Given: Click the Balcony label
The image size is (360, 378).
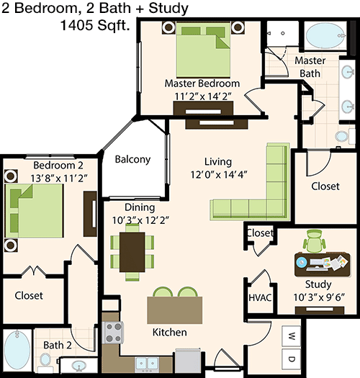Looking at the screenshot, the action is coord(132,159).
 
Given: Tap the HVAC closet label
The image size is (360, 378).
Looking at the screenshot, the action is coord(260,297).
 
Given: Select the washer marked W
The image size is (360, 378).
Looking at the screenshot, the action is coord(292,336).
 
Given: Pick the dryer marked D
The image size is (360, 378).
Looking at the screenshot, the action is coord(292,359).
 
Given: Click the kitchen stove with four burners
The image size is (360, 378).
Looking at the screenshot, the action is coord(113,333).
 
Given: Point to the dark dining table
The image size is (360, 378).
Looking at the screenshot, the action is coord(132,252).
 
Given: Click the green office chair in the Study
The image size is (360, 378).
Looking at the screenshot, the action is coord(314,241).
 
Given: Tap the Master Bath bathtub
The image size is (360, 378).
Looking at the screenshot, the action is coord(325,35).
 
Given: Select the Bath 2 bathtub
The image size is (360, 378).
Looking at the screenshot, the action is coord(17,350).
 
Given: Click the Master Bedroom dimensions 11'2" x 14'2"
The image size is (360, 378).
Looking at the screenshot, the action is coord(203,96).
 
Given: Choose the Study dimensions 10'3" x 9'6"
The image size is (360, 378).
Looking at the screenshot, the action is coord(319,297).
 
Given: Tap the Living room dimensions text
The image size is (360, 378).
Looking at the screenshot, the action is coord(219,174).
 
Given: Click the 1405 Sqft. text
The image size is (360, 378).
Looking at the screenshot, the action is coord(95,25).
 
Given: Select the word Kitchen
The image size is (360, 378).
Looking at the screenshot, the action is coord(170,332).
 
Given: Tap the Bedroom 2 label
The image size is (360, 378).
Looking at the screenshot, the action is coord(58,166).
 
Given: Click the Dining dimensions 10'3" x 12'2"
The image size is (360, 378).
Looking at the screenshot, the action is coord(140,220).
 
